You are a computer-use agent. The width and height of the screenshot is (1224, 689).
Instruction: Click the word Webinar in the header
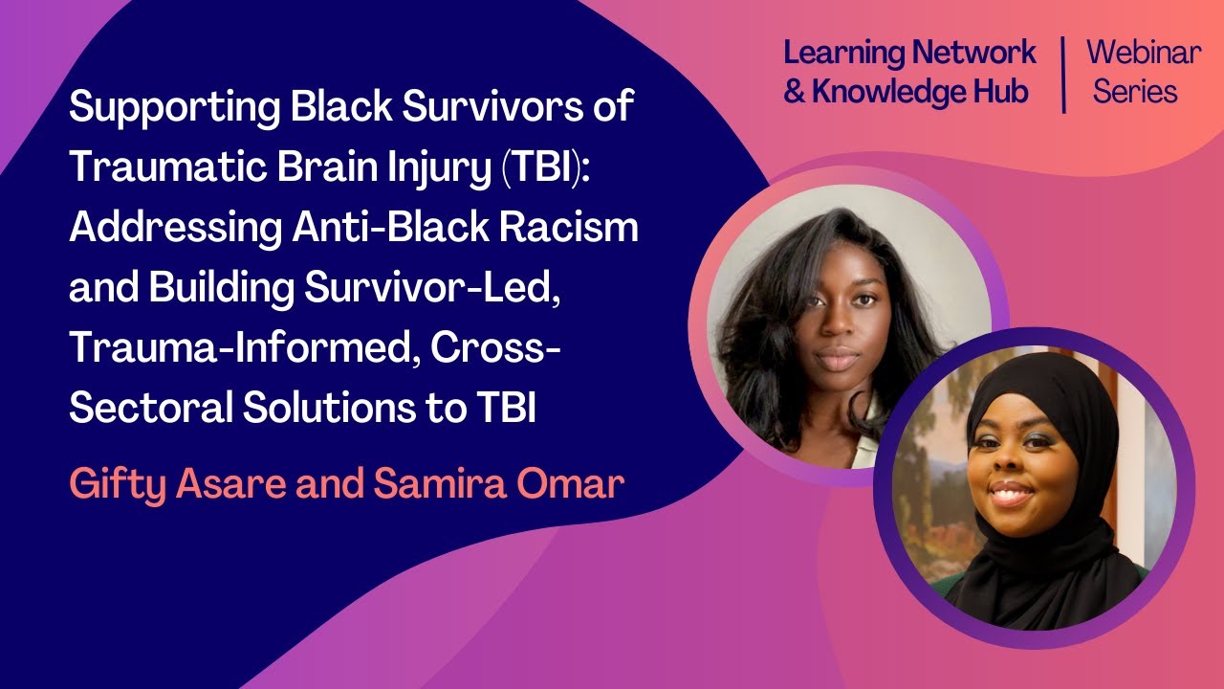click(x=1143, y=53)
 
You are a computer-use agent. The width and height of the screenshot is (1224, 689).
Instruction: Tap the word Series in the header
click(x=1135, y=92)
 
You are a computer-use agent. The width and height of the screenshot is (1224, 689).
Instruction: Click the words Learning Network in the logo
click(x=908, y=53)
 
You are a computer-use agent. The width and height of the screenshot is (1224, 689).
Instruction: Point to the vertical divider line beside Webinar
click(x=1064, y=75)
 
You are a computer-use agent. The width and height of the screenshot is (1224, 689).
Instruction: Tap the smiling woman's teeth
click(x=1012, y=497)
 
